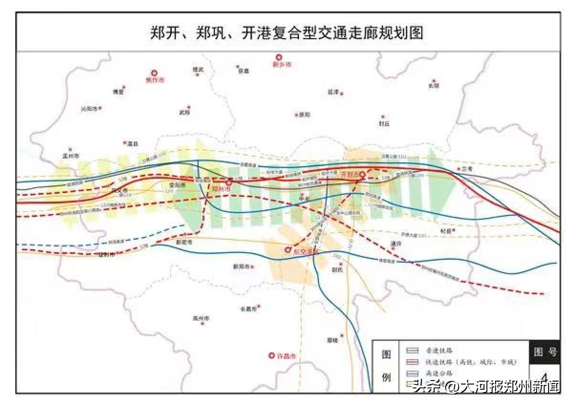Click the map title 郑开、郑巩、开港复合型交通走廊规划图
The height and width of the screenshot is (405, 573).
click(286, 33)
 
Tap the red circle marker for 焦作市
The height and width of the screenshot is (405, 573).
click(154, 74)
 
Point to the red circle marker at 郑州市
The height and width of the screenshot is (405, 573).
click(229, 182)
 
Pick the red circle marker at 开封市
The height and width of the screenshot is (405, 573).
click(362, 174)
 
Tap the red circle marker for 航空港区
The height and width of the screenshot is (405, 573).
click(288, 249)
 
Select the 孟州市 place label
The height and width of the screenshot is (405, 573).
click(71, 156)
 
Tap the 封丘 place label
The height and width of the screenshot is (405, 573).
click(384, 123)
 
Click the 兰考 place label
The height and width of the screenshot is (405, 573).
click(467, 169)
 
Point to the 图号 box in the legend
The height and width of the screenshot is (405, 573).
click(545, 352)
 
